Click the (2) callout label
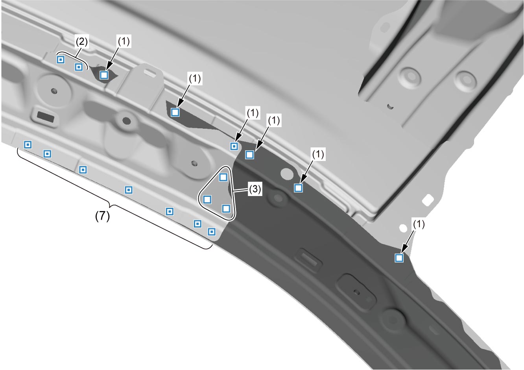(81, 42)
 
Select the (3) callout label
(255, 189)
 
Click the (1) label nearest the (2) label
(124, 41)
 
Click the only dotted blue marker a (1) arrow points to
(234, 146)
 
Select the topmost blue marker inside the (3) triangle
(223, 177)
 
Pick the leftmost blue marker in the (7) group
(28, 145)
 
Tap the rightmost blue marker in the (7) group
(212, 232)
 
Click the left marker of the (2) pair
(61, 60)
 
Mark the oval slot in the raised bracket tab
(150, 73)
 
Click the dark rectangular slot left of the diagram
(46, 116)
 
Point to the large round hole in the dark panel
(287, 174)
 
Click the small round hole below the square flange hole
(403, 228)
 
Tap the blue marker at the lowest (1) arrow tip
(399, 258)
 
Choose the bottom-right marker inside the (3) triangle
(226, 209)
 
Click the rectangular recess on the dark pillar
(309, 259)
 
